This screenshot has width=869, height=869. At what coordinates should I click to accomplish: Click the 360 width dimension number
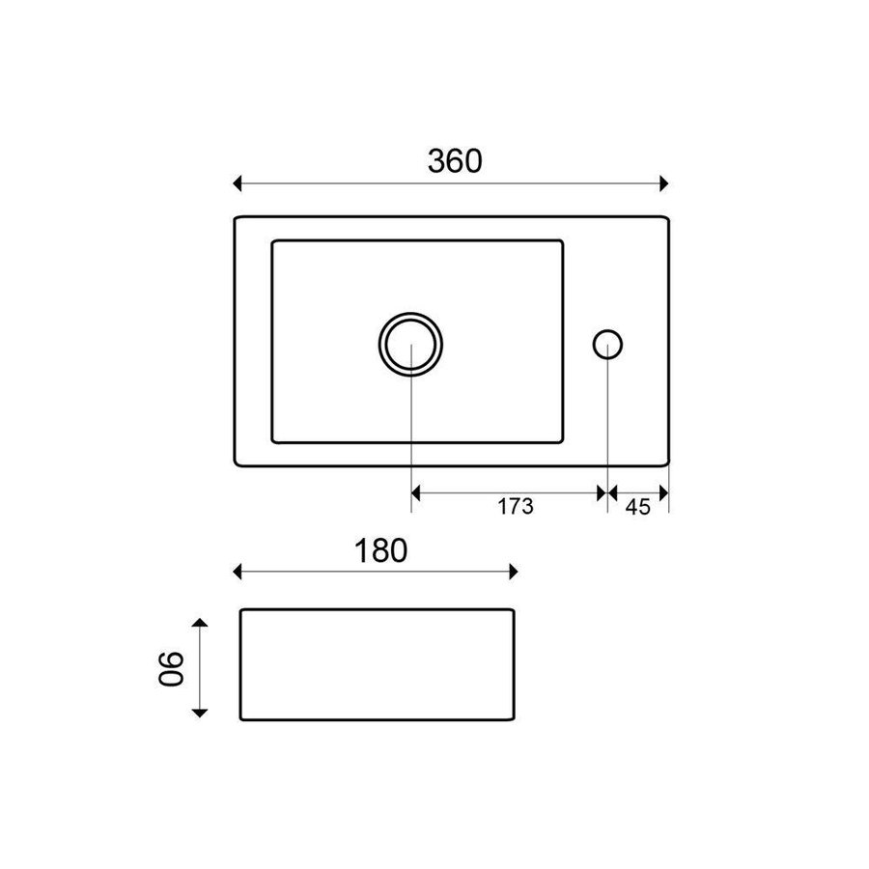[x=454, y=161]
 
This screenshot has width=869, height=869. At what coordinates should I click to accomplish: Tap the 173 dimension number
[x=517, y=506]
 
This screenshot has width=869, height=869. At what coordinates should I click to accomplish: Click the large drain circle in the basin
[x=411, y=344]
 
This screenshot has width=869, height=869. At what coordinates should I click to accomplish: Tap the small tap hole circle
[x=607, y=344]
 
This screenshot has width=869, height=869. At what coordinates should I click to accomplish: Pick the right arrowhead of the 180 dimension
[x=513, y=572]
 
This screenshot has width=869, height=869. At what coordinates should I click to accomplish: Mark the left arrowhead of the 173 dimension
[x=418, y=492]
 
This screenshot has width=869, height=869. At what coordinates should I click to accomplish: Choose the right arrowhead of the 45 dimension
[x=663, y=492]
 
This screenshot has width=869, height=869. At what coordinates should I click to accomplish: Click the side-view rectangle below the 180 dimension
[x=377, y=664]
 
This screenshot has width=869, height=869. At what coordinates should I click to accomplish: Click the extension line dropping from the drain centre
[x=412, y=434]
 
